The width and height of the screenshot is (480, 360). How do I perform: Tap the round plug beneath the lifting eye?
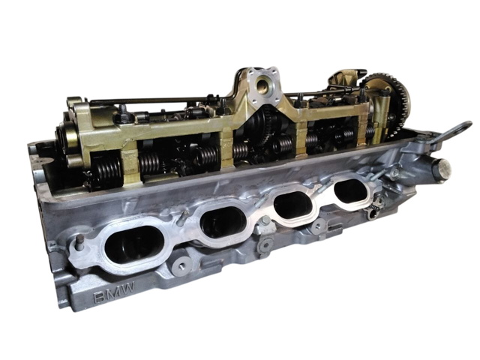444,169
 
